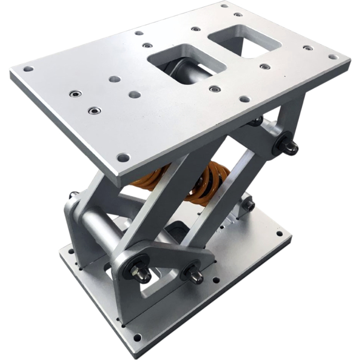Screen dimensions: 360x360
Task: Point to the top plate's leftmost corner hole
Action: pyautogui.click(x=28, y=68)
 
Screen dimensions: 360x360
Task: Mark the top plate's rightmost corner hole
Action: pyautogui.click(x=333, y=57)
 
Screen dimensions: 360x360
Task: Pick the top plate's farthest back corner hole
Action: pyautogui.click(x=224, y=6)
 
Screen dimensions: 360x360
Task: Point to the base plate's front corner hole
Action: pyautogui.click(x=137, y=337)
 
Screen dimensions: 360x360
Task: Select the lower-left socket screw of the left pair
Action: pyautogui.click(x=94, y=111)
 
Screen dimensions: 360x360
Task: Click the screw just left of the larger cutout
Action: pyautogui.click(x=148, y=45)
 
